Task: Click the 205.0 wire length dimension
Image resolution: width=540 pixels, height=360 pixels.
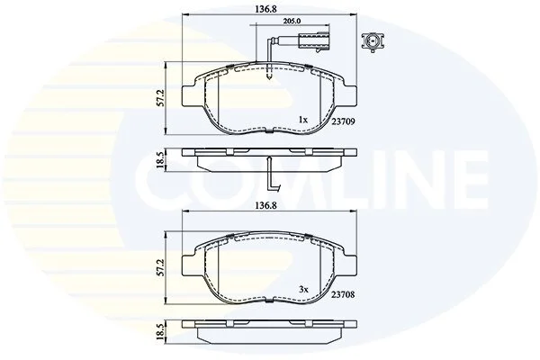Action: coord(292,21)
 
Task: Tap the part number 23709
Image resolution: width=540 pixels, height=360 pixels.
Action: coord(343,121)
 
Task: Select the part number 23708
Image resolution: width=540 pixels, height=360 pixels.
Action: coord(343,295)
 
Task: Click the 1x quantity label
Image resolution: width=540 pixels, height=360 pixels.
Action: coord(302,120)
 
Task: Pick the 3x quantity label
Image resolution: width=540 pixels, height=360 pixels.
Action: coord(303,290)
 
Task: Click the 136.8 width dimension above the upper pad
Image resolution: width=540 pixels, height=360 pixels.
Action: coord(265,9)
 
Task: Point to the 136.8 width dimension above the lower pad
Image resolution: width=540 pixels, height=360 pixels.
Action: coord(265,206)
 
